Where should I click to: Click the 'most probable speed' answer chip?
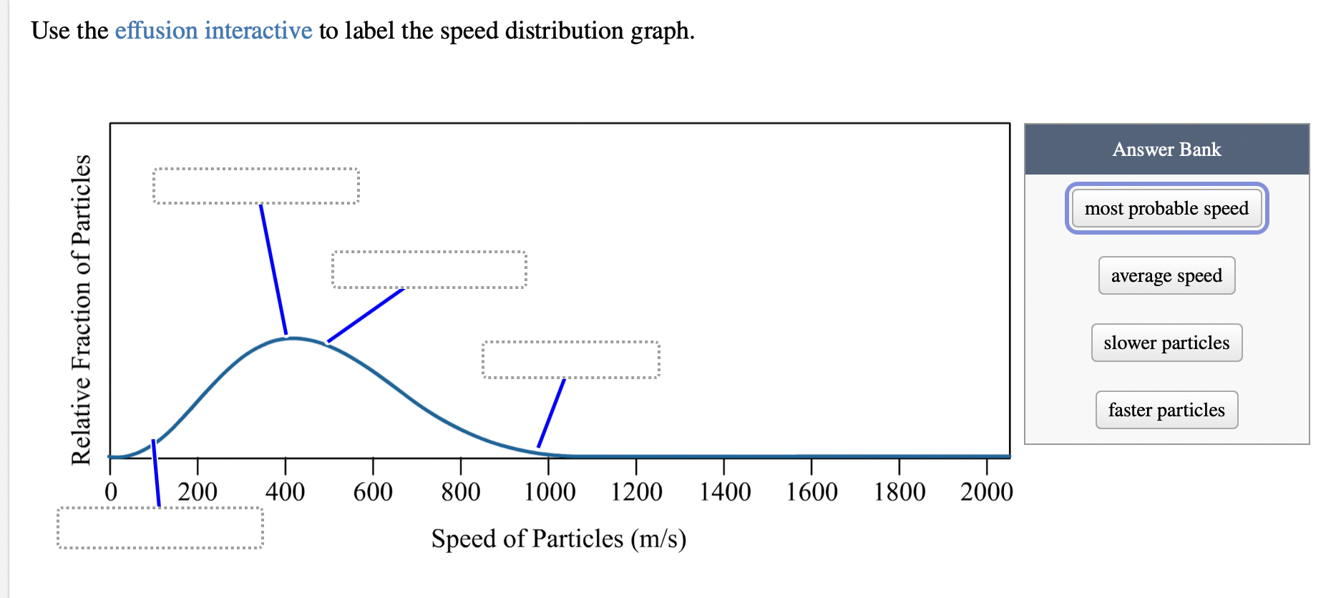coord(1166,208)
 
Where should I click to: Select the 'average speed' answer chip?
coord(1166,275)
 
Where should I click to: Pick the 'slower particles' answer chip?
coord(1166,343)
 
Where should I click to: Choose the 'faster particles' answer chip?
coord(1166,410)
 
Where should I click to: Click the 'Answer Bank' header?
coord(1166,149)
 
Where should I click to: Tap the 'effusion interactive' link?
coord(213,31)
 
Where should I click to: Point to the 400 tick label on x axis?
coord(286,492)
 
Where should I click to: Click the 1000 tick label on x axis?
coord(550,492)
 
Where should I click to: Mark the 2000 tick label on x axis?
coord(986,492)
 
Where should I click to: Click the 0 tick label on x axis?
coord(111,492)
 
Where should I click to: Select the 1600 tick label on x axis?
coord(811,492)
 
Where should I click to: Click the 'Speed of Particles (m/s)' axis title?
coord(559,539)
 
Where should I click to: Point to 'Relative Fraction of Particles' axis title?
coord(81,310)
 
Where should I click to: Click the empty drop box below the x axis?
coord(160,528)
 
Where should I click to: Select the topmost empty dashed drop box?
coord(255,186)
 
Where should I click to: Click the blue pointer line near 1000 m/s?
coord(551,413)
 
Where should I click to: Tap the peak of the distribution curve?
coord(293,338)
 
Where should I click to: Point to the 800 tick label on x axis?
coord(461,492)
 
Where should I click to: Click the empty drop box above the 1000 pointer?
coord(571,360)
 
